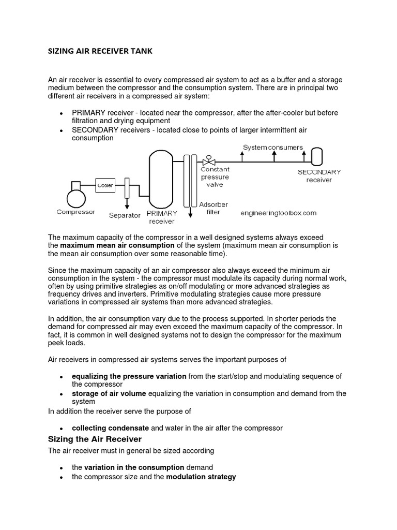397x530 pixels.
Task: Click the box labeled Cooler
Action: (105, 185)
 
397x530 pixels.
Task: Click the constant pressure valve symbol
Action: (209, 161)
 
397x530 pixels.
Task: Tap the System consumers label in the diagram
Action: (273, 148)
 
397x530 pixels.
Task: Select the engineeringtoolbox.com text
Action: (279, 213)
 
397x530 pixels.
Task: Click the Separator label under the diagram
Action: (125, 215)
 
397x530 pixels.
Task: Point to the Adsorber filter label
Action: (213, 208)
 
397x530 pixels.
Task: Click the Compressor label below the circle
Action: (75, 212)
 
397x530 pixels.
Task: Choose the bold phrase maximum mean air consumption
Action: (117, 245)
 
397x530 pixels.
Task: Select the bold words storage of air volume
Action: (109, 393)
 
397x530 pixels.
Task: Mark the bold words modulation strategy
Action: (201, 476)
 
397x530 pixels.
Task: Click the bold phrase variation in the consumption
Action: (134, 467)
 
